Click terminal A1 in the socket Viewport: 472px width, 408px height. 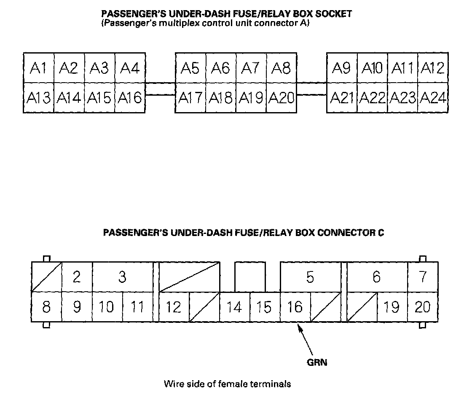pyautogui.click(x=38, y=68)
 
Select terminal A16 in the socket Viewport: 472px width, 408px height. pyautogui.click(x=130, y=98)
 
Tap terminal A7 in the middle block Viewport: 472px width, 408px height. pyautogui.click(x=251, y=68)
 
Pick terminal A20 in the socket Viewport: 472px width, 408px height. pyautogui.click(x=282, y=98)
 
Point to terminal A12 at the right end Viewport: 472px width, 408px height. pyautogui.click(x=433, y=68)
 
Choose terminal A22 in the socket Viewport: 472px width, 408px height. pyautogui.click(x=373, y=98)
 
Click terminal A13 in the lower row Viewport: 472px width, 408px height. pyautogui.click(x=38, y=98)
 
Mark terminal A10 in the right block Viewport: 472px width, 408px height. pyautogui.click(x=373, y=68)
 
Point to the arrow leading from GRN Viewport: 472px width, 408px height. pyautogui.click(x=306, y=340)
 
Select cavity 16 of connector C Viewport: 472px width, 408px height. pyautogui.click(x=295, y=307)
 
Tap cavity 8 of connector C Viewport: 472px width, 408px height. pyautogui.click(x=46, y=307)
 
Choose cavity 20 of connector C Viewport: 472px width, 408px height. pyautogui.click(x=423, y=307)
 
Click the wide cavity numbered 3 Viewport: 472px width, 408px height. pyautogui.click(x=123, y=277)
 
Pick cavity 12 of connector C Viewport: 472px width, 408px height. pyautogui.click(x=173, y=307)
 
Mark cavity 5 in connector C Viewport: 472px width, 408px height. pyautogui.click(x=310, y=277)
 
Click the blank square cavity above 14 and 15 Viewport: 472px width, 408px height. pyautogui.click(x=250, y=277)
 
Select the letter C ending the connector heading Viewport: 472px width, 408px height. pyautogui.click(x=381, y=233)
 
